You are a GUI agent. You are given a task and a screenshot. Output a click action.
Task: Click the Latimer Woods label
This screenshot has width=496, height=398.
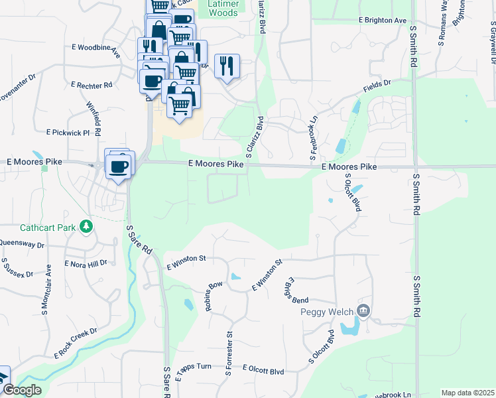tap(223, 8)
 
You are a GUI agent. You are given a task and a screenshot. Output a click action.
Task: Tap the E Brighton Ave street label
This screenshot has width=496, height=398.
tap(382, 21)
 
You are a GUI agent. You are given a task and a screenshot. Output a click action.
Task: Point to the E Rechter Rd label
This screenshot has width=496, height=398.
tap(92, 85)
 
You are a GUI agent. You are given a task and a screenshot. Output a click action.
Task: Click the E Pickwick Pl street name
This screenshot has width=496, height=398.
tap(68, 133)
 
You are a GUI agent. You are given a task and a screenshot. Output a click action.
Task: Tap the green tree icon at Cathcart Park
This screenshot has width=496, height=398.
tap(86, 228)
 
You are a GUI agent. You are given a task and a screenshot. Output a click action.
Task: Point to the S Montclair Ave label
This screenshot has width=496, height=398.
tap(48, 279)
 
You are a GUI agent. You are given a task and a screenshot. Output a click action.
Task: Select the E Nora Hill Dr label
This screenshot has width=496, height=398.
tap(86, 264)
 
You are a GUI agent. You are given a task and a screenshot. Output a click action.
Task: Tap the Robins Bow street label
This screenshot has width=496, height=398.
tap(214, 293)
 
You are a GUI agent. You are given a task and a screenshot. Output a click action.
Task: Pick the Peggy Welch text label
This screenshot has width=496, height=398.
tap(327, 312)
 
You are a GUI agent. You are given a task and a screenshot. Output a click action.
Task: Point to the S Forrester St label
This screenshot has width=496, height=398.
tap(229, 354)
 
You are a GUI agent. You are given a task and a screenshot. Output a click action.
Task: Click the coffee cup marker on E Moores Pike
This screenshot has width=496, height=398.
tap(119, 166)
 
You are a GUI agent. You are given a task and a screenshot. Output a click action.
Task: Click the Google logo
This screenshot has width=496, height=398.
tap(21, 391)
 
